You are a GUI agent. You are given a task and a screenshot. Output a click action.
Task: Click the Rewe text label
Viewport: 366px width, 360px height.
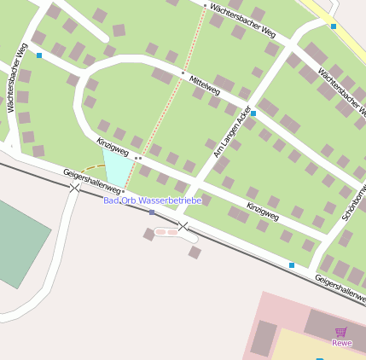(342, 343)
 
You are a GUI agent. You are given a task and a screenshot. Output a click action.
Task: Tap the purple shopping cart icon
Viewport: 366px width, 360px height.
(341, 332)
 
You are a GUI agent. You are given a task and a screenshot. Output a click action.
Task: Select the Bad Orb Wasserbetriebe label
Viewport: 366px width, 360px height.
(152, 200)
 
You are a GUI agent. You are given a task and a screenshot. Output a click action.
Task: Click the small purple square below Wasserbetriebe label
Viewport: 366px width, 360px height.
(152, 212)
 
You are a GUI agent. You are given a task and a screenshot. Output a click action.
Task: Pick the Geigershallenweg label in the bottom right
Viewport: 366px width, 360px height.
(340, 288)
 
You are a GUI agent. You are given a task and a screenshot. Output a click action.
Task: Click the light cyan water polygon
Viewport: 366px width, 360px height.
(118, 167)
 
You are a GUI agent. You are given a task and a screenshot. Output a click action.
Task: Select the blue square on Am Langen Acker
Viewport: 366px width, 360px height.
(253, 113)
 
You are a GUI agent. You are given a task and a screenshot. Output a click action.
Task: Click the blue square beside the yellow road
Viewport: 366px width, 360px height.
(333, 26)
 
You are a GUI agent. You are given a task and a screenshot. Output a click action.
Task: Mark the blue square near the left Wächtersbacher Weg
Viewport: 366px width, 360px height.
(39, 55)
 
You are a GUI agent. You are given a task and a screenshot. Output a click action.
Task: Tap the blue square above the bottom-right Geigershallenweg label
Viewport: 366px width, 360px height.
(292, 265)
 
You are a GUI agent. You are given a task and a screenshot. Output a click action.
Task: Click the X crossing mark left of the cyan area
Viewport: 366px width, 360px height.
(75, 186)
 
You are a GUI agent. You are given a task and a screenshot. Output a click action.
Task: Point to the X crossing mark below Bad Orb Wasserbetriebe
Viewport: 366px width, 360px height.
(183, 226)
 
